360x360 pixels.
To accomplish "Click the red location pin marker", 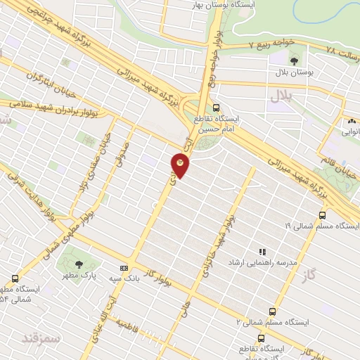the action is click(180, 165).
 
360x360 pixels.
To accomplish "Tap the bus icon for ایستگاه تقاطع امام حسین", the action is click(217, 109).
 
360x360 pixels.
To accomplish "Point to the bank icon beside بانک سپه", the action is click(124, 268).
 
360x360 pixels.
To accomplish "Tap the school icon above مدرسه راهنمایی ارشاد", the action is click(262, 251).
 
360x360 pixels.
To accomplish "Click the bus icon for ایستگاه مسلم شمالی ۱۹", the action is click(323, 215).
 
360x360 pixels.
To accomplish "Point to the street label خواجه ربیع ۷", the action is click(271, 44).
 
